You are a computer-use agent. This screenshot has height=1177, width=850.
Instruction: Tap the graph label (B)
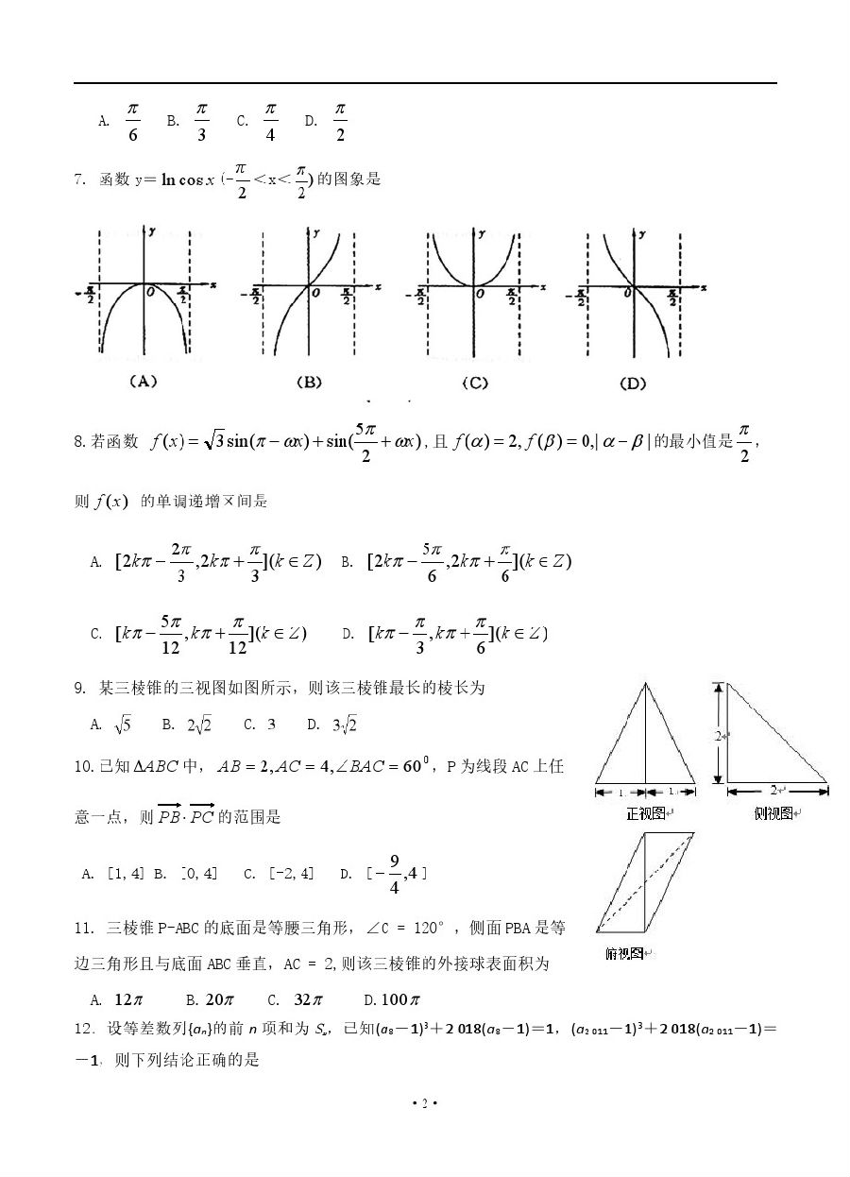(x=309, y=382)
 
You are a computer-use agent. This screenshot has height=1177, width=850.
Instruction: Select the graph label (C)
(x=475, y=382)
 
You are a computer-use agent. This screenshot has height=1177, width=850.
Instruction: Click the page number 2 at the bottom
(x=425, y=1103)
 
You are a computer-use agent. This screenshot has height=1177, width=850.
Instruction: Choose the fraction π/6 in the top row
(x=132, y=121)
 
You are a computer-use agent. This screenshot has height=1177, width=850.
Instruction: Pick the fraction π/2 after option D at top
(x=340, y=121)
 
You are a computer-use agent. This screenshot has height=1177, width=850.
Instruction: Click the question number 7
(x=79, y=179)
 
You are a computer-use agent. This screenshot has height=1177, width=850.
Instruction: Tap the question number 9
(x=79, y=689)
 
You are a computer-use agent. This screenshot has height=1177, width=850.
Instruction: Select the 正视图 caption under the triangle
(x=646, y=812)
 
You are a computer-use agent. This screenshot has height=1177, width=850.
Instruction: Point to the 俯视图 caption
(x=625, y=954)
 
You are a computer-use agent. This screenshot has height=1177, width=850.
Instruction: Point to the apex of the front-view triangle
(x=646, y=683)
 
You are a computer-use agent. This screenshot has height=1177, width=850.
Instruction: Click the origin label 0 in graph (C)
(x=481, y=295)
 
